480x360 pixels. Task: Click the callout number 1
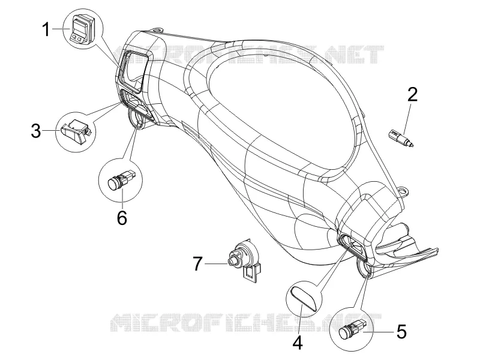pyautogui.click(x=46, y=30)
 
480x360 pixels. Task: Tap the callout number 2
pyautogui.click(x=412, y=94)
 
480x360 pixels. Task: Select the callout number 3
pyautogui.click(x=36, y=131)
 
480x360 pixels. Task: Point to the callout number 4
pyautogui.click(x=297, y=342)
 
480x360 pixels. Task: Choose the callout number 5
pyautogui.click(x=401, y=332)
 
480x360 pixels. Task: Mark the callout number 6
pyautogui.click(x=122, y=218)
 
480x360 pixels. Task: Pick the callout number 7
pyautogui.click(x=198, y=263)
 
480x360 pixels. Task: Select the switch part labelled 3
pyautogui.click(x=76, y=130)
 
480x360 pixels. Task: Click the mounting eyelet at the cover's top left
pyautogui.click(x=157, y=30)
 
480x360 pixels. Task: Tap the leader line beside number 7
pyautogui.click(x=216, y=263)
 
